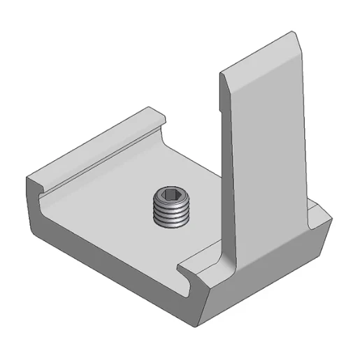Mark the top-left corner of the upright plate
tap(222, 72)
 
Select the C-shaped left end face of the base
tap(35, 203)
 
